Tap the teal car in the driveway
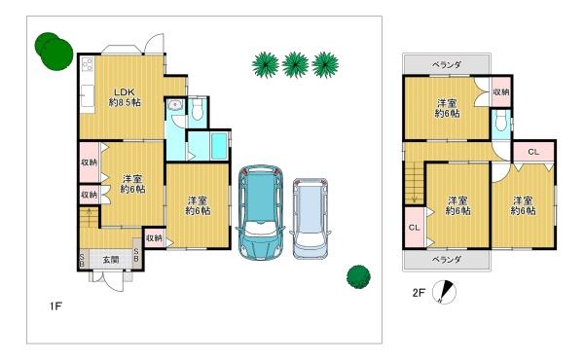click(260, 212)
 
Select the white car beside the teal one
click(310, 219)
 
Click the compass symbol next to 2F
click(445, 292)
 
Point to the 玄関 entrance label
click(111, 260)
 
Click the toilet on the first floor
click(197, 109)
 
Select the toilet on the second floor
click(501, 122)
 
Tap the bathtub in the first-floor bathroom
click(219, 146)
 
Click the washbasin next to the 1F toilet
click(173, 105)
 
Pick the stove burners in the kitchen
click(88, 65)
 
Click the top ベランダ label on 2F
click(447, 65)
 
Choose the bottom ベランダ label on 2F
click(447, 259)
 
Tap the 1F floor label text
click(55, 306)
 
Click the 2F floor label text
click(419, 292)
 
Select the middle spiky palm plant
click(295, 65)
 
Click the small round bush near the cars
click(358, 277)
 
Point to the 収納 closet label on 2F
click(501, 91)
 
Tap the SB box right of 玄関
click(136, 255)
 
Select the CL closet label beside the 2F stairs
click(415, 227)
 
